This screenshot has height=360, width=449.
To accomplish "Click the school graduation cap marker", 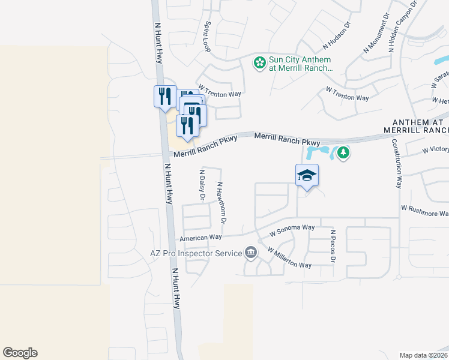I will click(x=307, y=175).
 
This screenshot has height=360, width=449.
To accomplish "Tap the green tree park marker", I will click(x=343, y=153).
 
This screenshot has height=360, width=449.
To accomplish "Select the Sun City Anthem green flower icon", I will click(x=259, y=62).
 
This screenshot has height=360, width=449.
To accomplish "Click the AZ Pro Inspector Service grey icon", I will click(x=251, y=254).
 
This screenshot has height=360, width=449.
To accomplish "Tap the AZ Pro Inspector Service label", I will click(x=194, y=254).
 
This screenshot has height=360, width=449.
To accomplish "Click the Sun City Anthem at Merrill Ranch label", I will click(x=301, y=64).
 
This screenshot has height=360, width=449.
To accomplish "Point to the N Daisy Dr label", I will click(x=202, y=184).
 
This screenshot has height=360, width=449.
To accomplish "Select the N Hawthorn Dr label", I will click(x=221, y=203).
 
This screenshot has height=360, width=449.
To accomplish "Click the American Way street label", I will click(x=201, y=238).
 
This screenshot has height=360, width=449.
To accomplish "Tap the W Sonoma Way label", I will click(x=292, y=230).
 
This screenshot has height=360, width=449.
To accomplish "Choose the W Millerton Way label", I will click(x=289, y=257).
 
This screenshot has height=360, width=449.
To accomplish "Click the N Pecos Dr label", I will click(x=333, y=245).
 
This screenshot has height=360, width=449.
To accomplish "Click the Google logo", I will click(x=20, y=353).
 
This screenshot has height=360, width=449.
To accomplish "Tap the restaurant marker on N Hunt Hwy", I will click(x=163, y=96).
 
